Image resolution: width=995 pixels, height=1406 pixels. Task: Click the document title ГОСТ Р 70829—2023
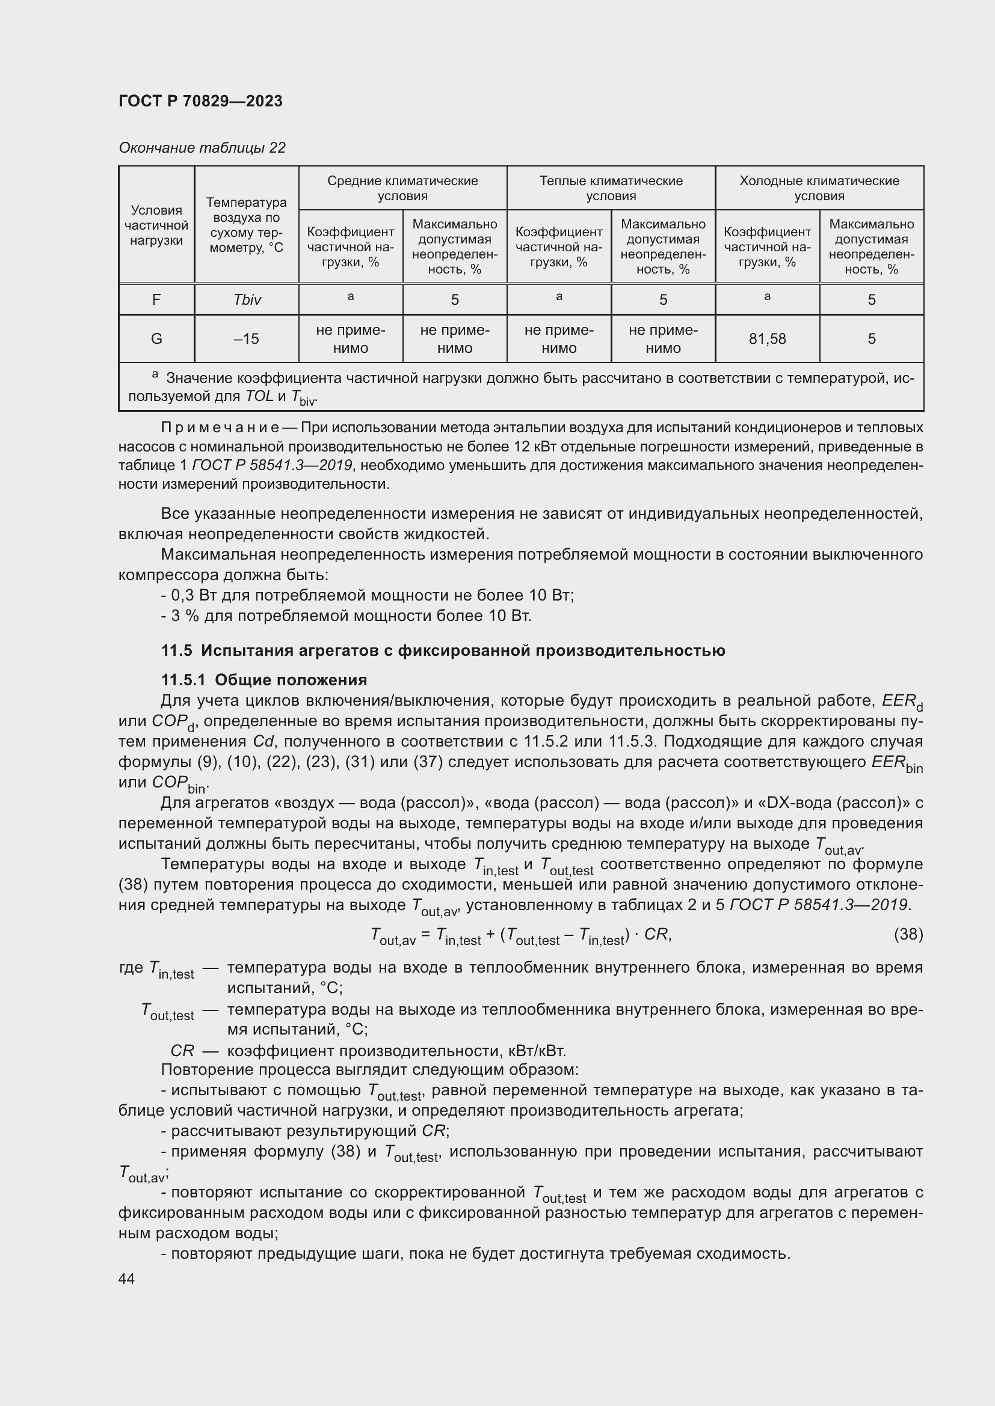point(200,101)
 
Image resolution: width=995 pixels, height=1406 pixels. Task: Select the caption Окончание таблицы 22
point(202,148)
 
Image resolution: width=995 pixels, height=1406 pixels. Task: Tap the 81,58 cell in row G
point(766,338)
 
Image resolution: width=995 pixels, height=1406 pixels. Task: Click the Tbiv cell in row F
point(246,299)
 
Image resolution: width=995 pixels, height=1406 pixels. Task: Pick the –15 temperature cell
point(246,338)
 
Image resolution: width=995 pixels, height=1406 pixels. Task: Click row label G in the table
point(156,338)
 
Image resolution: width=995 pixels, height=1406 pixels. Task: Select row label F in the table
point(156,299)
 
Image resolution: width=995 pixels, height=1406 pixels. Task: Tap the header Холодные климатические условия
point(819,188)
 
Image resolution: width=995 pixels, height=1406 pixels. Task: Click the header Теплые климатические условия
point(610,188)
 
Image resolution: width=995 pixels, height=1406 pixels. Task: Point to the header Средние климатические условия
point(402,188)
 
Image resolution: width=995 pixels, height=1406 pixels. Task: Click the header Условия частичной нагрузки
point(156,225)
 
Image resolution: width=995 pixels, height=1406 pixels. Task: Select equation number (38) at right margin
point(908,934)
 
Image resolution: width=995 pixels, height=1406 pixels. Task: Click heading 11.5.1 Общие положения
point(263,680)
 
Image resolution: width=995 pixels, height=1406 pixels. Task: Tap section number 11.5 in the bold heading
point(176,650)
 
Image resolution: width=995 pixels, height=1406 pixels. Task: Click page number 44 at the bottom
point(126,1279)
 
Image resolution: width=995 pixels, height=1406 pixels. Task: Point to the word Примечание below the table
point(220,427)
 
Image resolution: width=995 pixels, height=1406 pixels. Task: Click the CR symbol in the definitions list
point(182,1051)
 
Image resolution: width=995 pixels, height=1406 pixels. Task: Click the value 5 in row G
point(870,338)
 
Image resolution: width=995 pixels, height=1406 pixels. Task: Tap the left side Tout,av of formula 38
point(393,936)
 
